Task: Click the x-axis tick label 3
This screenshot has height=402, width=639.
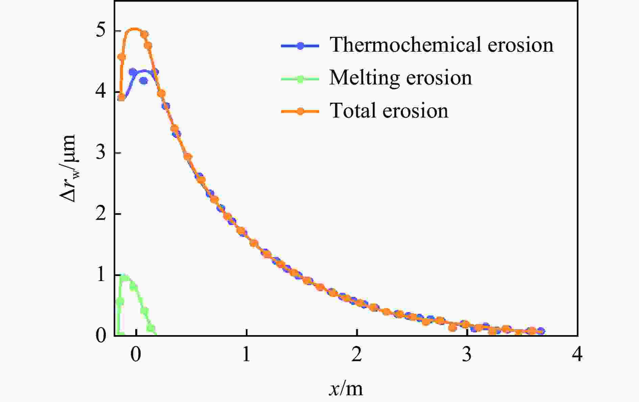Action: point(467,355)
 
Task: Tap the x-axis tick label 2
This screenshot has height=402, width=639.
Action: point(357,355)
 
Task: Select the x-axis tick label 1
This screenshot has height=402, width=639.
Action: point(246,355)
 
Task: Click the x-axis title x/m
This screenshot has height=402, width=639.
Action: point(346,388)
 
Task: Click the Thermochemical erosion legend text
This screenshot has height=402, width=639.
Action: point(442,45)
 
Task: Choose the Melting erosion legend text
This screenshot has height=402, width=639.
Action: point(401,78)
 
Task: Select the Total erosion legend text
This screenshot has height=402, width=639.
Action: point(389,110)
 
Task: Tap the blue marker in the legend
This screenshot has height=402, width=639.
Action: point(300,46)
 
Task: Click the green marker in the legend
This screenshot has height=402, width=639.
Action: point(300,78)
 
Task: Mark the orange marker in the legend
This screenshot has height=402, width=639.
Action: point(300,111)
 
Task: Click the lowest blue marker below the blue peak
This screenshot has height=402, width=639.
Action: point(143,81)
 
